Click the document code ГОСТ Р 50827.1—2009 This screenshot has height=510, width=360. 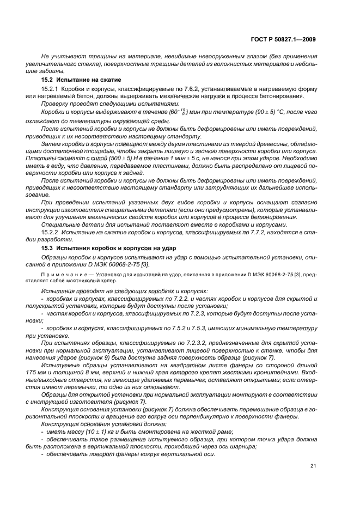pos(286,39)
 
